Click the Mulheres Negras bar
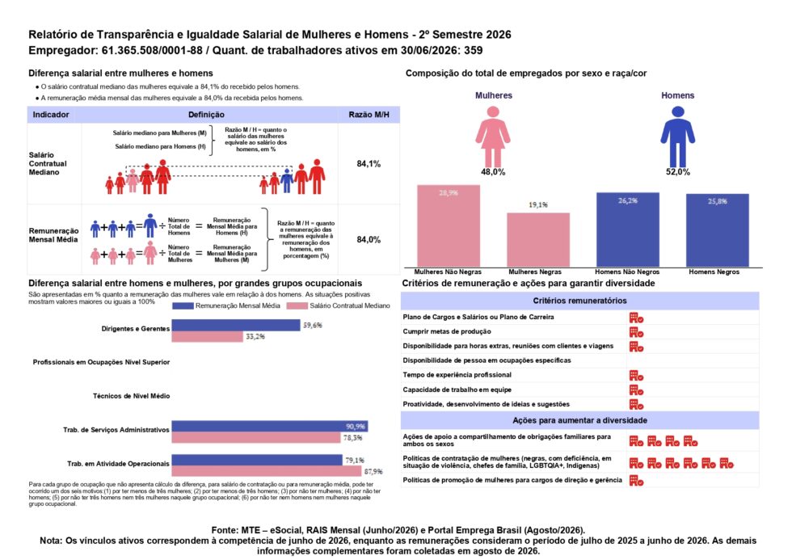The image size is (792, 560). coord(538,240)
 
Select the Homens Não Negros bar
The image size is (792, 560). coord(628,229)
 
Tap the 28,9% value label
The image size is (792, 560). coord(449,192)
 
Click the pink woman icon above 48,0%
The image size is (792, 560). coord(493,136)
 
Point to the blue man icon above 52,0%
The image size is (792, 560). coord(678,136)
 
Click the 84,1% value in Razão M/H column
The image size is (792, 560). coord(369,163)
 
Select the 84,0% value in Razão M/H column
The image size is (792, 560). coord(369,239)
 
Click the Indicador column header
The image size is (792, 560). coord(51,115)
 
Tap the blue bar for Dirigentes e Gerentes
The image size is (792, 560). coord(236,325)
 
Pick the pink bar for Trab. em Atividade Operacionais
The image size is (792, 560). coord(268,471)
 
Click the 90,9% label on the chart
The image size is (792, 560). coord(355,427)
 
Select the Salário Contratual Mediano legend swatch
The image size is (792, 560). coord(297,305)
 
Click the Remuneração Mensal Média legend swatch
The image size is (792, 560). coord(183,305)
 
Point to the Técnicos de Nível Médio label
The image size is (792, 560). coord(131,396)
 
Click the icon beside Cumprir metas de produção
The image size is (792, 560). coord(637,332)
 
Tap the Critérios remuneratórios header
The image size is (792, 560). coord(580,301)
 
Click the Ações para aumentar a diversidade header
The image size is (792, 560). coord(580,420)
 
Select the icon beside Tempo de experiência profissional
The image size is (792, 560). coord(637,376)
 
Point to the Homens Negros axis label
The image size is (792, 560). coord(714,272)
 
